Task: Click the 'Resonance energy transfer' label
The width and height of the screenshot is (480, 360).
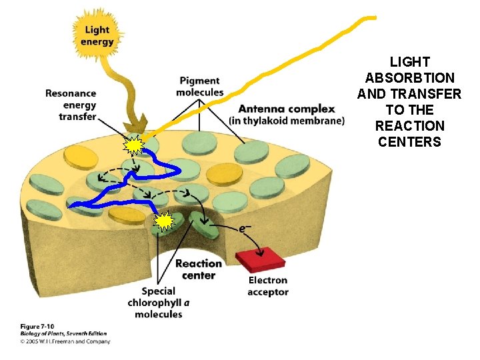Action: pyautogui.click(x=71, y=105)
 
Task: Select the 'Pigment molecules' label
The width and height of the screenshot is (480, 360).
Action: pyautogui.click(x=199, y=87)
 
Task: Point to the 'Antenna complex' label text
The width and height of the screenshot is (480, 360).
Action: pyautogui.click(x=287, y=109)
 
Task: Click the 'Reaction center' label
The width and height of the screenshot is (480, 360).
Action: pyautogui.click(x=199, y=269)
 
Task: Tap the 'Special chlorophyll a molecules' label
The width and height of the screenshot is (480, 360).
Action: pyautogui.click(x=159, y=303)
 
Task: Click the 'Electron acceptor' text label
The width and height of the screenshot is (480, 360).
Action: pyautogui.click(x=268, y=286)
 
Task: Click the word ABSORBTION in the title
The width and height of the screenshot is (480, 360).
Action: pyautogui.click(x=409, y=78)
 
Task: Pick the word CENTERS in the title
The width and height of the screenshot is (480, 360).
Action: pyautogui.click(x=409, y=141)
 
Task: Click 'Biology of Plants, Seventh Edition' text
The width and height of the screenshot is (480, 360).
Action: pyautogui.click(x=63, y=334)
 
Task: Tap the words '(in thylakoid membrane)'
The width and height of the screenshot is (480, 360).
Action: pyautogui.click(x=287, y=121)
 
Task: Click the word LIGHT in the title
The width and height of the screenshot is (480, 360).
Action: pyautogui.click(x=409, y=62)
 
